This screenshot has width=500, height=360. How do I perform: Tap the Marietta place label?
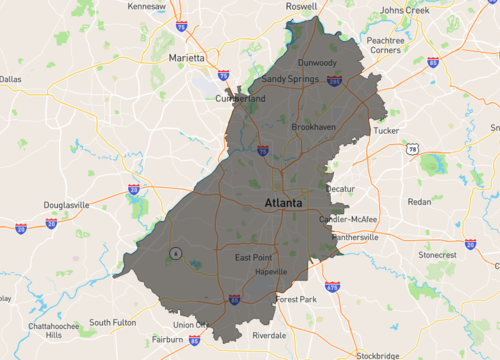coord(187,57)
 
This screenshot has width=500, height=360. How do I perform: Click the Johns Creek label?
coord(403,10)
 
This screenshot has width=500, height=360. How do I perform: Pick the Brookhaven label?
coord(313,128)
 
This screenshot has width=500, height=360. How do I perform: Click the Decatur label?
coord(340,188)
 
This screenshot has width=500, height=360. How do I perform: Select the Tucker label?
coord(386,130)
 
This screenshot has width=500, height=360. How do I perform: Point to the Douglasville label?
coord(66,205)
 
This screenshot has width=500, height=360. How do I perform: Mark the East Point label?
coord(254,258)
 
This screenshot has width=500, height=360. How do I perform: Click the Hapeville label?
coord(271,272)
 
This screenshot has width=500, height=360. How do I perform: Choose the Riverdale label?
coord(269,335)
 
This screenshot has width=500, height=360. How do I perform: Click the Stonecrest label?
coord(437,255)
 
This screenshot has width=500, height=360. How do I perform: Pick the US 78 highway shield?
coord(413,149)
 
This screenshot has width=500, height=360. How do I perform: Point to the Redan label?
coord(419,202)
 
